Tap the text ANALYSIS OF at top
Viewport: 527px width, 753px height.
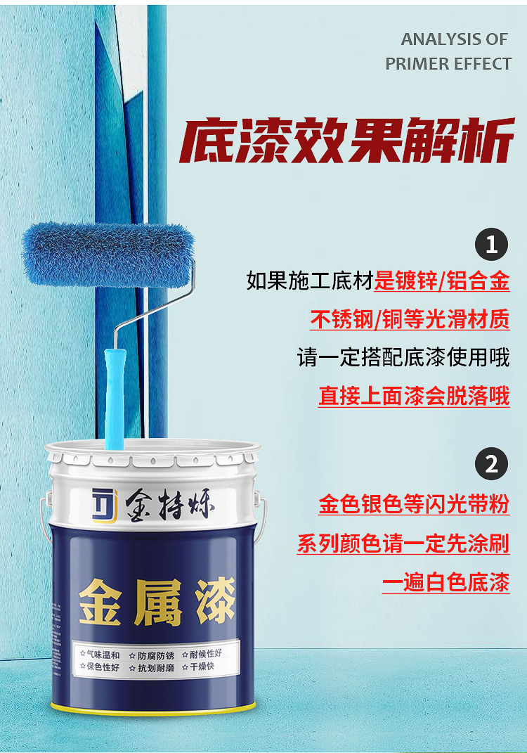click(x=454, y=39)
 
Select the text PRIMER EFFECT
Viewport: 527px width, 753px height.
click(x=448, y=64)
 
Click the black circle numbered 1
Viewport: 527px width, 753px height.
click(x=491, y=245)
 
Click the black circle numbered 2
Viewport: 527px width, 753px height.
click(x=491, y=464)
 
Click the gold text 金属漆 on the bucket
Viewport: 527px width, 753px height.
click(x=156, y=602)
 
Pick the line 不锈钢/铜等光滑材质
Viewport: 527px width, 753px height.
click(x=410, y=320)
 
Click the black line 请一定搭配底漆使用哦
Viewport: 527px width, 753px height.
click(x=403, y=358)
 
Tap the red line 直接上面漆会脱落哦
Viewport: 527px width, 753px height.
click(x=414, y=396)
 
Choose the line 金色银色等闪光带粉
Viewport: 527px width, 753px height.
click(x=414, y=505)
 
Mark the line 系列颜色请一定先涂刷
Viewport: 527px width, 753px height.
click(x=403, y=543)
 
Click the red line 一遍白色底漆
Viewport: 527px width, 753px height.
click(x=445, y=583)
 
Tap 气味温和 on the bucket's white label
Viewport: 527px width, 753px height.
click(x=103, y=654)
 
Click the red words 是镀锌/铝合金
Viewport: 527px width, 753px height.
click(x=442, y=282)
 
